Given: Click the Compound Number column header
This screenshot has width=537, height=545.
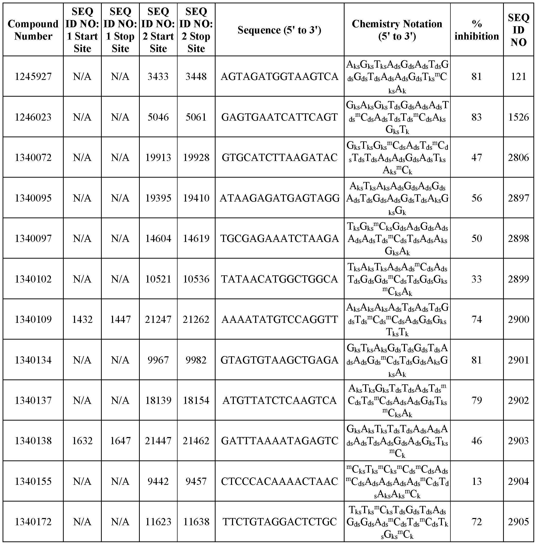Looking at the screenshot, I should pos(33,30).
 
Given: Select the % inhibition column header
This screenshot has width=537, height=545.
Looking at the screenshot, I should pos(476,30).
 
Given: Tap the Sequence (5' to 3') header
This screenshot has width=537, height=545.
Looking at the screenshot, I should pos(279,30).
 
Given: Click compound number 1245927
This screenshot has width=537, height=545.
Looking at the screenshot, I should pos(33,76).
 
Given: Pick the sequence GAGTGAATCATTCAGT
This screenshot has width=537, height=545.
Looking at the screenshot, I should pos(279,117).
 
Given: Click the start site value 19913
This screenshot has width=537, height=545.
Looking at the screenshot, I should pos(158,157).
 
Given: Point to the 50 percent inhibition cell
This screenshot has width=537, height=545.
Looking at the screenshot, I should pos(476,239).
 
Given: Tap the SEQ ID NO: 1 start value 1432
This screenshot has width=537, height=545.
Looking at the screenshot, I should pos(82,319).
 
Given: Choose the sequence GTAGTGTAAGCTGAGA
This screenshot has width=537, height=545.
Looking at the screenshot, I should pos(279,360).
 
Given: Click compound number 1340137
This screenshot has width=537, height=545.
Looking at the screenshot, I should pos(33,400).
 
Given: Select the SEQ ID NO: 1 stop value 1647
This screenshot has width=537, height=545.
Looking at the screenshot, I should pos(120,441).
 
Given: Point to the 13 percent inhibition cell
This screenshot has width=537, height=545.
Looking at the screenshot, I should pos(476,481).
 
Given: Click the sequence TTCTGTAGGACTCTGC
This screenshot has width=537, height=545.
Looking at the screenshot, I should pos(279,522).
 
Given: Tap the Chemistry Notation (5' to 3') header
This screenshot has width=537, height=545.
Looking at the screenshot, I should pos(397,30).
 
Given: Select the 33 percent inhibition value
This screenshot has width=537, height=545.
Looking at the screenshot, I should pos(476,279).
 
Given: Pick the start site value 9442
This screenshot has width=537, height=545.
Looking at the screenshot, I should pos(158,481).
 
